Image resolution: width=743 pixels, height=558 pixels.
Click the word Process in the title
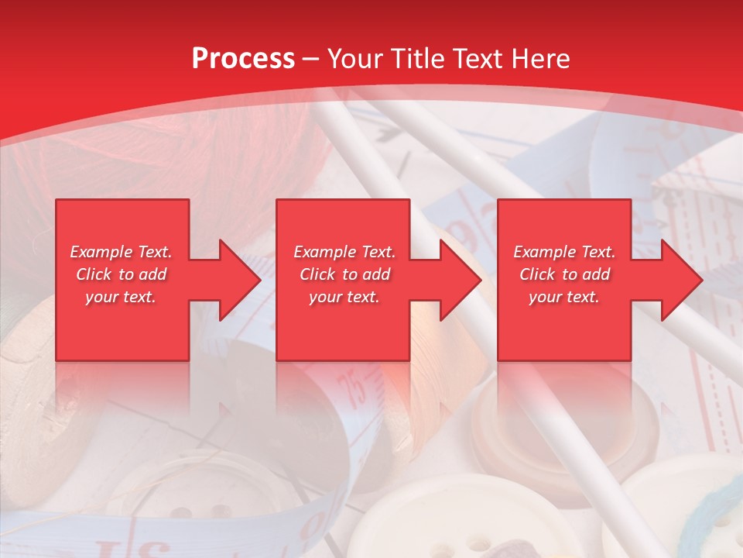pyautogui.click(x=243, y=59)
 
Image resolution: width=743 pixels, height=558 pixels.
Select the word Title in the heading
pyautogui.click(x=421, y=59)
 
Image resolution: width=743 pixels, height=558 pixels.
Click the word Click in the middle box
pyautogui.click(x=317, y=274)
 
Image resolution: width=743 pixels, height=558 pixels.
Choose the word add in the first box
pyautogui.click(x=153, y=274)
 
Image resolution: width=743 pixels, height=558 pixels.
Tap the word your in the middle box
pyautogui.click(x=325, y=297)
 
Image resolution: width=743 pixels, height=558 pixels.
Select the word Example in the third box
pyautogui.click(x=545, y=252)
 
